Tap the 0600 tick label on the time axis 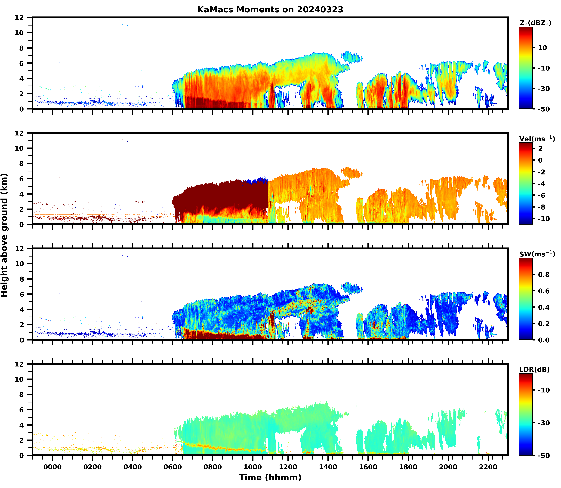[x=172, y=467]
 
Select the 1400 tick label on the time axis [x=328, y=467]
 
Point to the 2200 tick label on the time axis [x=488, y=467]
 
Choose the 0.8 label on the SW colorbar [x=544, y=275]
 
